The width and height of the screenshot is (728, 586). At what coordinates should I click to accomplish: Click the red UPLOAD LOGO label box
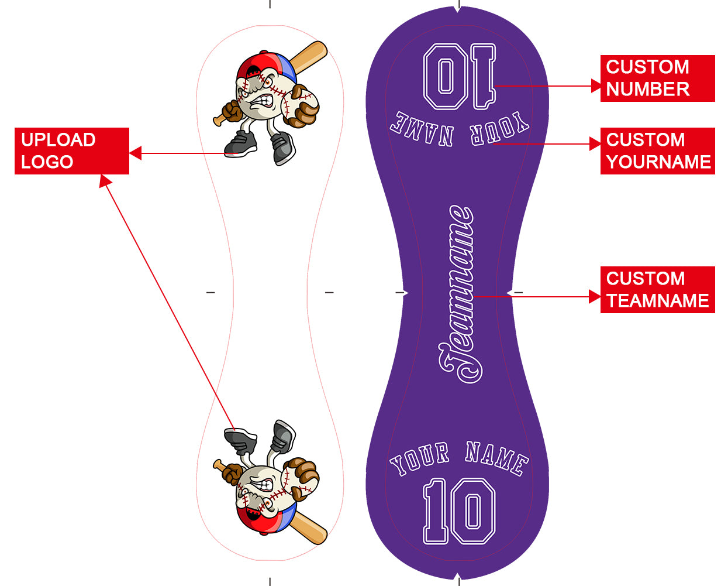[x=72, y=151]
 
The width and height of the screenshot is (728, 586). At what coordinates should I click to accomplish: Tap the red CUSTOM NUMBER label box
[x=658, y=78]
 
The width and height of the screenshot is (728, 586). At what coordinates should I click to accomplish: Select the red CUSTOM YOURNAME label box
[x=658, y=151]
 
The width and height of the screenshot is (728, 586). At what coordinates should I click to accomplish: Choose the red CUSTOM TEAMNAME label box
[x=658, y=290]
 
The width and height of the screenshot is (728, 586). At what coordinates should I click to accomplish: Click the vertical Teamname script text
[x=461, y=294]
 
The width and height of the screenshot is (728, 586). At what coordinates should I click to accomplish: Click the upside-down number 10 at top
[x=460, y=76]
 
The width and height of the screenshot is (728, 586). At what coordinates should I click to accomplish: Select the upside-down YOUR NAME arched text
[x=459, y=129]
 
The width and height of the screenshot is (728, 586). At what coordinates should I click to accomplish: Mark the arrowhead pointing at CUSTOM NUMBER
[x=596, y=85]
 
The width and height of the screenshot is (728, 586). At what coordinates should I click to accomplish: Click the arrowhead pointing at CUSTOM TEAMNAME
[x=595, y=297]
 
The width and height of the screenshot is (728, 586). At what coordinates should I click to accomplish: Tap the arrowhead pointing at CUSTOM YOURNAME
[x=595, y=143]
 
